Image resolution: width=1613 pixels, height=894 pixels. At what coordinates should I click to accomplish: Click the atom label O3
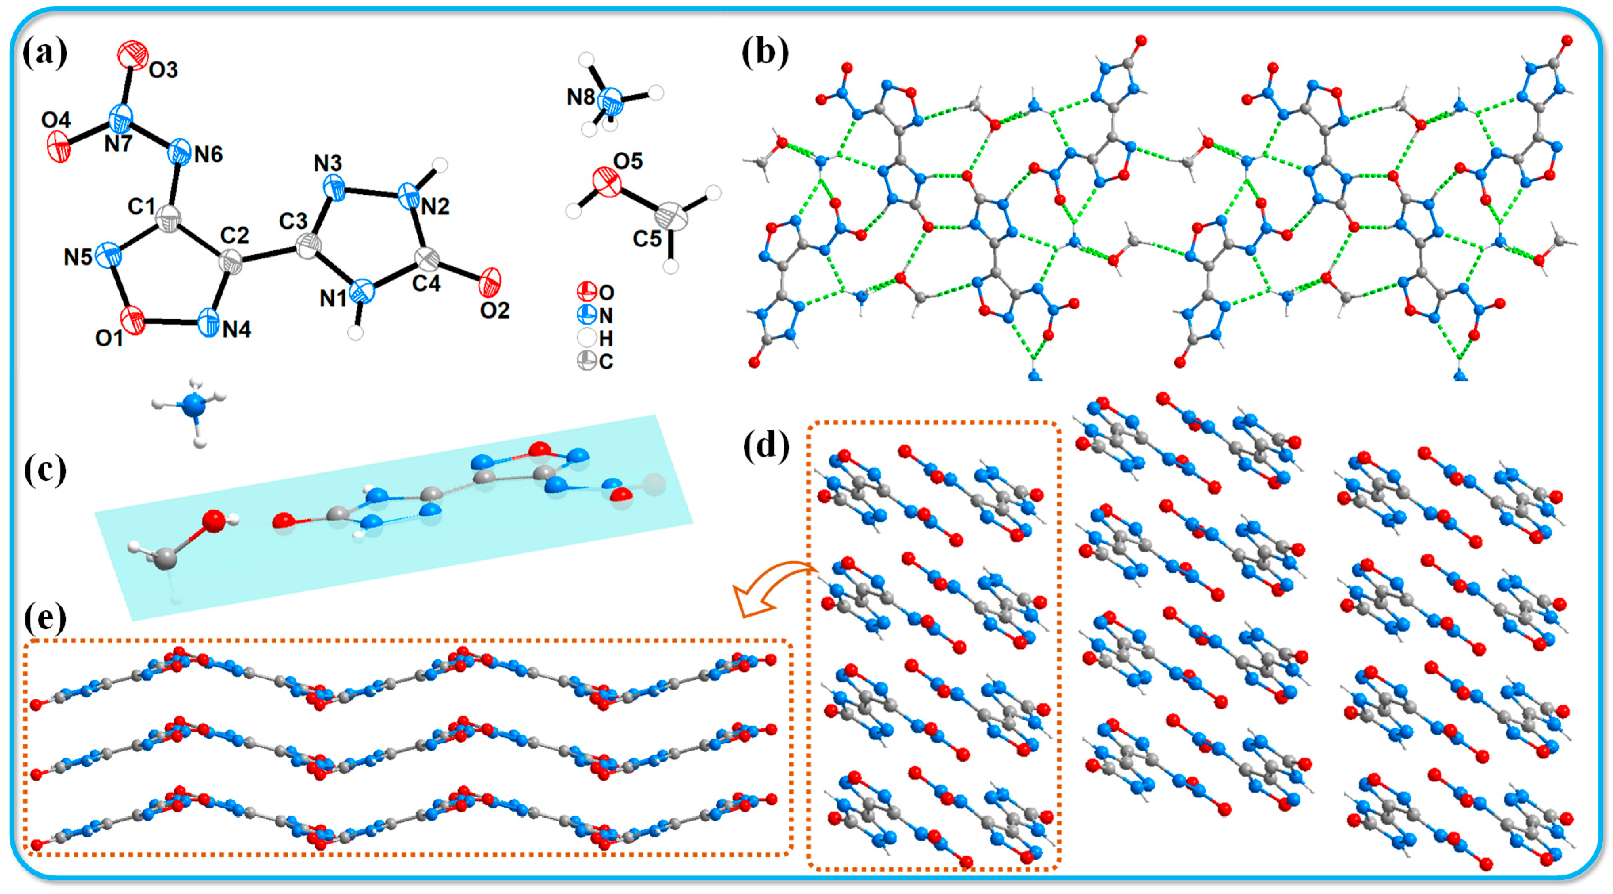163,69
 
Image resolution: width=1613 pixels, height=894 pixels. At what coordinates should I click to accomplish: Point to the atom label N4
237,329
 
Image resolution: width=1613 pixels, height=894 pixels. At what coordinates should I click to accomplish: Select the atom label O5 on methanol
627,162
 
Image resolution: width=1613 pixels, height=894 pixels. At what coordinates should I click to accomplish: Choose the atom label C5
647,239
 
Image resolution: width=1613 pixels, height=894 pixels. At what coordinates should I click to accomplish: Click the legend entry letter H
606,339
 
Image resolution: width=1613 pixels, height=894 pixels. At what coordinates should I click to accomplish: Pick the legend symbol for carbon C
587,361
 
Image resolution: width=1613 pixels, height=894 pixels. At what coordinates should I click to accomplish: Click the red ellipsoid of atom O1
133,320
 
